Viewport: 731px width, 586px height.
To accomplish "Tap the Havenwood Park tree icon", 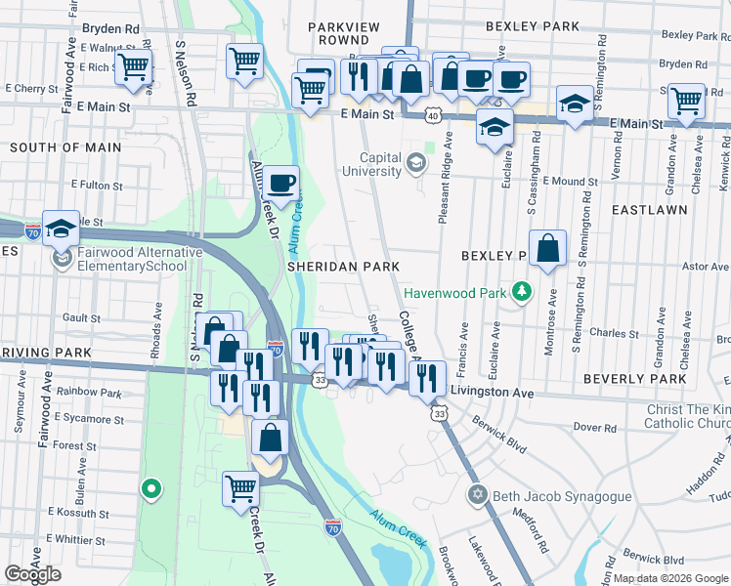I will click(x=523, y=292).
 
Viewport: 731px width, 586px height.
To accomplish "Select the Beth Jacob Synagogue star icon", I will click(x=477, y=496).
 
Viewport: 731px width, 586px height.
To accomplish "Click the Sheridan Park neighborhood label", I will click(x=343, y=266).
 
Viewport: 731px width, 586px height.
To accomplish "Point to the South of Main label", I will click(x=65, y=147).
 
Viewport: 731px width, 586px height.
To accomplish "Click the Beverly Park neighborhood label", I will click(x=635, y=378).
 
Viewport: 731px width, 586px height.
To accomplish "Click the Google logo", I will click(x=32, y=574).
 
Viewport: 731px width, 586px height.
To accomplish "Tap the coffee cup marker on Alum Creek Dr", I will click(x=281, y=183).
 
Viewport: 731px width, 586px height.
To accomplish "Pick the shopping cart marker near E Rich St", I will click(x=133, y=68).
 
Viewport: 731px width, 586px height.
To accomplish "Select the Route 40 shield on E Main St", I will click(x=431, y=115).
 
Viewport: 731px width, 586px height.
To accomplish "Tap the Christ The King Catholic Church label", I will click(x=688, y=416).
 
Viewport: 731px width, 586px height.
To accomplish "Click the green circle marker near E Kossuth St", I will click(x=150, y=488).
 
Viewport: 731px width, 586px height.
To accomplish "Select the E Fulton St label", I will click(x=102, y=184).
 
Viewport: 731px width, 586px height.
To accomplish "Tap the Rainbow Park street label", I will click(x=89, y=393).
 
